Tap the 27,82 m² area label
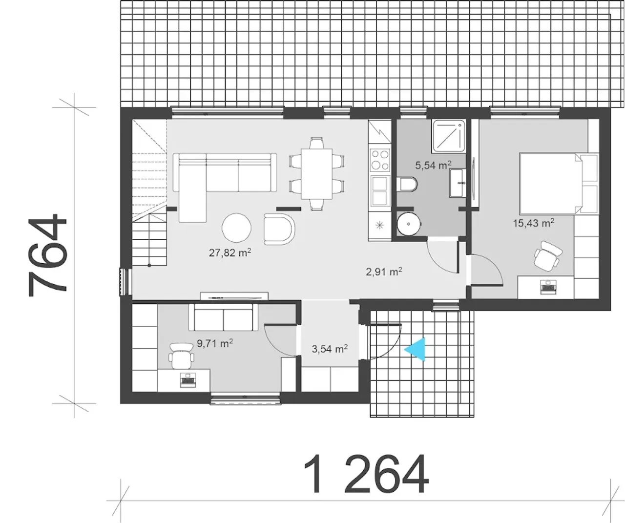coord(230,252)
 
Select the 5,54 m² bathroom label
coord(433,165)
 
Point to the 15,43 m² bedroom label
coord(533,223)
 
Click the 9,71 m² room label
coord(215,343)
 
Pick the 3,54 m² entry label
coord(330,349)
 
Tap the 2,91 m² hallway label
coord(384,272)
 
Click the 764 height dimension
coord(47,254)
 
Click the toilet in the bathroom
coord(407,185)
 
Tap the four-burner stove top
coord(380,160)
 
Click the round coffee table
coord(236,228)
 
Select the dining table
coord(317,174)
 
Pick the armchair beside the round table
coord(279,229)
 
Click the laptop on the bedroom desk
coord(548,287)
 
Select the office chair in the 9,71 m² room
coord(181,356)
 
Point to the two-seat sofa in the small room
coord(223,317)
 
